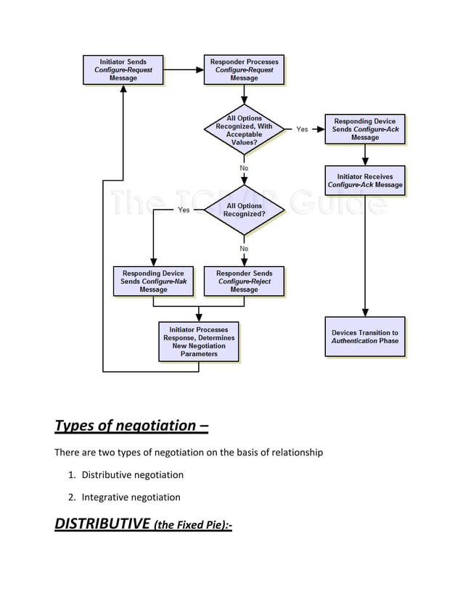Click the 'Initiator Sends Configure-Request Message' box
pyautogui.click(x=123, y=70)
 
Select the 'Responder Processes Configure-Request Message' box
pyautogui.click(x=243, y=70)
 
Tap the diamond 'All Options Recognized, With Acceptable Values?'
pyautogui.click(x=244, y=131)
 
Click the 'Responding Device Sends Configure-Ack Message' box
pyautogui.click(x=364, y=129)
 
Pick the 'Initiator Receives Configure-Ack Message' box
pyautogui.click(x=364, y=181)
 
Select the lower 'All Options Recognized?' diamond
pyautogui.click(x=244, y=210)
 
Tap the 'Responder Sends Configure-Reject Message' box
pyautogui.click(x=244, y=281)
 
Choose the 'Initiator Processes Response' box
pyautogui.click(x=198, y=342)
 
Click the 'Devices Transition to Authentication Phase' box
pyautogui.click(x=364, y=337)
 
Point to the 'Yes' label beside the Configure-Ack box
pyautogui.click(x=302, y=129)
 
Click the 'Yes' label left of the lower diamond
pyautogui.click(x=184, y=210)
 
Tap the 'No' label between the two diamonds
pyautogui.click(x=244, y=168)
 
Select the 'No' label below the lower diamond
pyautogui.click(x=244, y=249)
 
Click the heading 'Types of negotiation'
pyautogui.click(x=131, y=425)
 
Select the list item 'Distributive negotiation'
pyautogui.click(x=132, y=475)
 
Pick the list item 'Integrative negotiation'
pyautogui.click(x=131, y=497)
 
